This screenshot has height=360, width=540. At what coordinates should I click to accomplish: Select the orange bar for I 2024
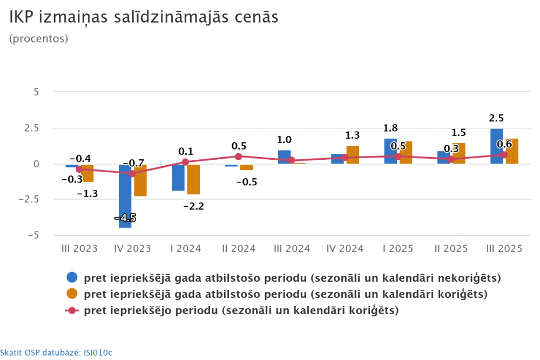193,179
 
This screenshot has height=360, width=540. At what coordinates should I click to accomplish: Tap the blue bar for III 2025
497,146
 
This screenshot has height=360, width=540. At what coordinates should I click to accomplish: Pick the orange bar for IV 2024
353,155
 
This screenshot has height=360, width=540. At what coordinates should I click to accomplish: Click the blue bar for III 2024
284,157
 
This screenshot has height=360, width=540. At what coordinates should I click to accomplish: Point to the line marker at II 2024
238,157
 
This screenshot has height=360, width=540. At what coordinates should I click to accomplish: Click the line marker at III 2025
504,155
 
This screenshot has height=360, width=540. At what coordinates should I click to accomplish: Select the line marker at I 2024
185,162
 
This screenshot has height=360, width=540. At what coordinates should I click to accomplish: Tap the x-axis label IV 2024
345,249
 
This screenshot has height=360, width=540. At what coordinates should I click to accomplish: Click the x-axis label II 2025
451,249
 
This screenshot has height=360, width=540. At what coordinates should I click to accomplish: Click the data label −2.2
193,206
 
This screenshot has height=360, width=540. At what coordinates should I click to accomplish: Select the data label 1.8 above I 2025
390,128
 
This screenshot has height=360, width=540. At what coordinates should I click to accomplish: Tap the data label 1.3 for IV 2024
353,135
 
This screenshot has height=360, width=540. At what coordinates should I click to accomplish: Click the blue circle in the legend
72,278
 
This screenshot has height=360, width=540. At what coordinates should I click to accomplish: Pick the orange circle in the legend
72,294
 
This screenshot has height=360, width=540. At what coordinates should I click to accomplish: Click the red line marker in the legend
72,310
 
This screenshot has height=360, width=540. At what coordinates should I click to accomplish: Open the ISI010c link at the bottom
97,352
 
